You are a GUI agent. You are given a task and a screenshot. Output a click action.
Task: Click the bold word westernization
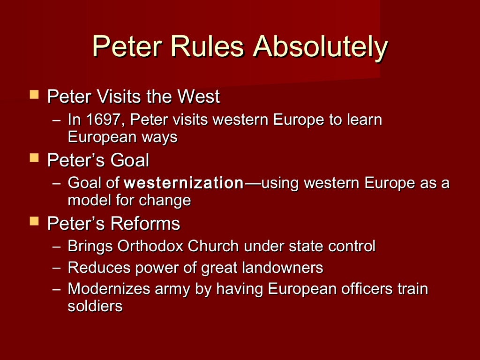pyautogui.click(x=184, y=183)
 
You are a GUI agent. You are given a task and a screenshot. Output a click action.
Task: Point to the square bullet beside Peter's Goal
pyautogui.click(x=34, y=158)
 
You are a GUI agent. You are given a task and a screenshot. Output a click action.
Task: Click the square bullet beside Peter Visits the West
pyautogui.click(x=34, y=95)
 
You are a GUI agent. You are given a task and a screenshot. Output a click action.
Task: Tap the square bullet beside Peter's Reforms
pyautogui.click(x=34, y=222)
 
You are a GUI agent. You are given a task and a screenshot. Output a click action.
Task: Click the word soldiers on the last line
pyautogui.click(x=95, y=307)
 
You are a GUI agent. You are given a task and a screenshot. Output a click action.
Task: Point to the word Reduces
pyautogui.click(x=99, y=268)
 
